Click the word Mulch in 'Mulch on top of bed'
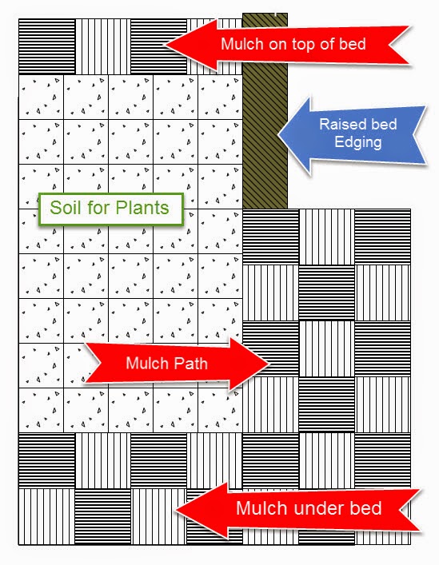point(241,44)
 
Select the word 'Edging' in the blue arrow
point(358,141)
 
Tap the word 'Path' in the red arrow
point(190,363)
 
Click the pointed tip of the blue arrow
point(278,134)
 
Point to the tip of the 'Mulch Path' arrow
point(269,363)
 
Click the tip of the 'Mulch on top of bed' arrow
point(165,46)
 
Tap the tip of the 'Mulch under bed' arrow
point(176,511)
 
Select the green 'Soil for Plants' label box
point(111,209)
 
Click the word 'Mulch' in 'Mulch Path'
point(146,363)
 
